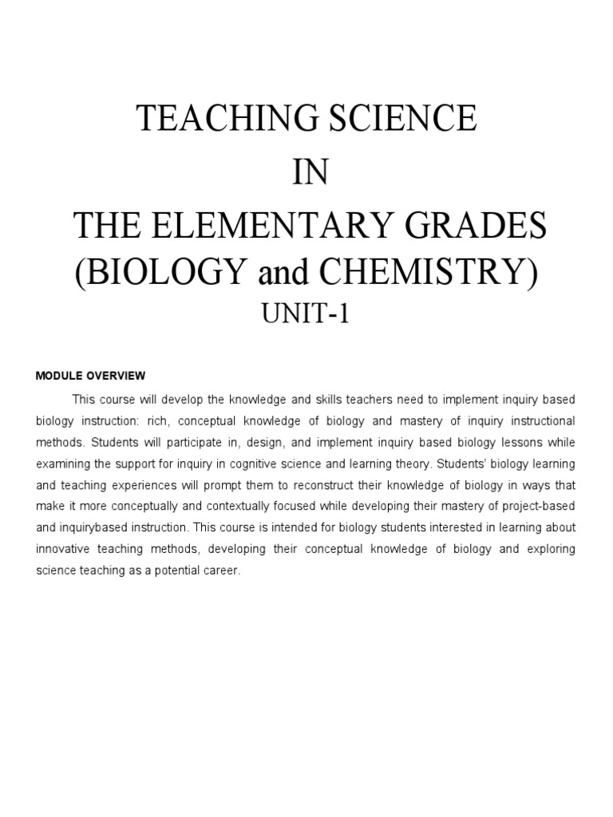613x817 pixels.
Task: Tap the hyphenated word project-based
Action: (x=534, y=507)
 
